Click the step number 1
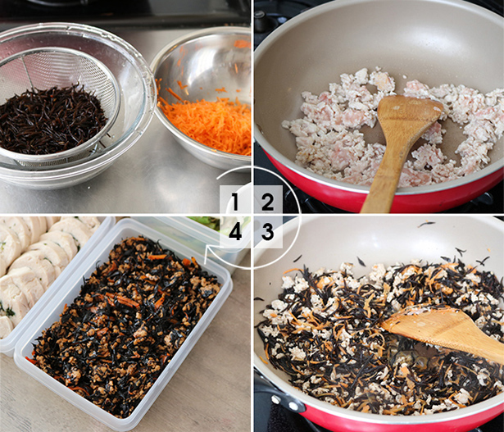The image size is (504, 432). pyautogui.click(x=235, y=202)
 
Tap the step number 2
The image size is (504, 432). pyautogui.click(x=268, y=202)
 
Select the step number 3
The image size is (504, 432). pyautogui.click(x=268, y=232)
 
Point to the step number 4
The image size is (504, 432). pyautogui.click(x=235, y=232)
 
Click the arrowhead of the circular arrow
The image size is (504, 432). pyautogui.click(x=211, y=252)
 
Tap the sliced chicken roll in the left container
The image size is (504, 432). pyautogui.click(x=39, y=266)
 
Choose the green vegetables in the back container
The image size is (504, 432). pyautogui.click(x=206, y=222)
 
